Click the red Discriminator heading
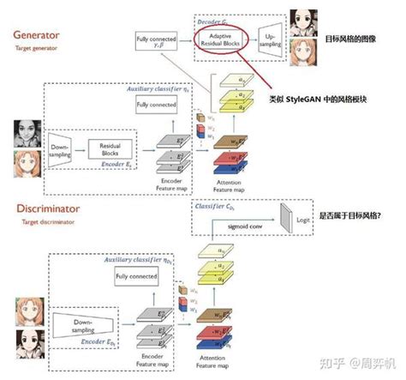(x=49, y=208)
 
